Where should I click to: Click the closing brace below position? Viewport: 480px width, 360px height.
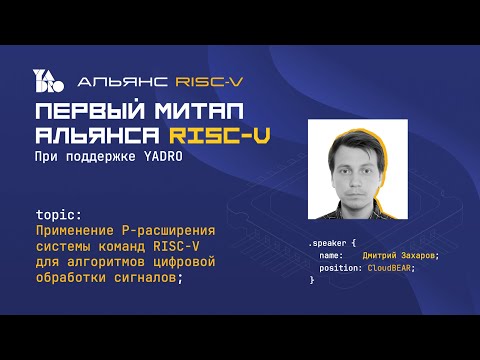(x=312, y=280)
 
